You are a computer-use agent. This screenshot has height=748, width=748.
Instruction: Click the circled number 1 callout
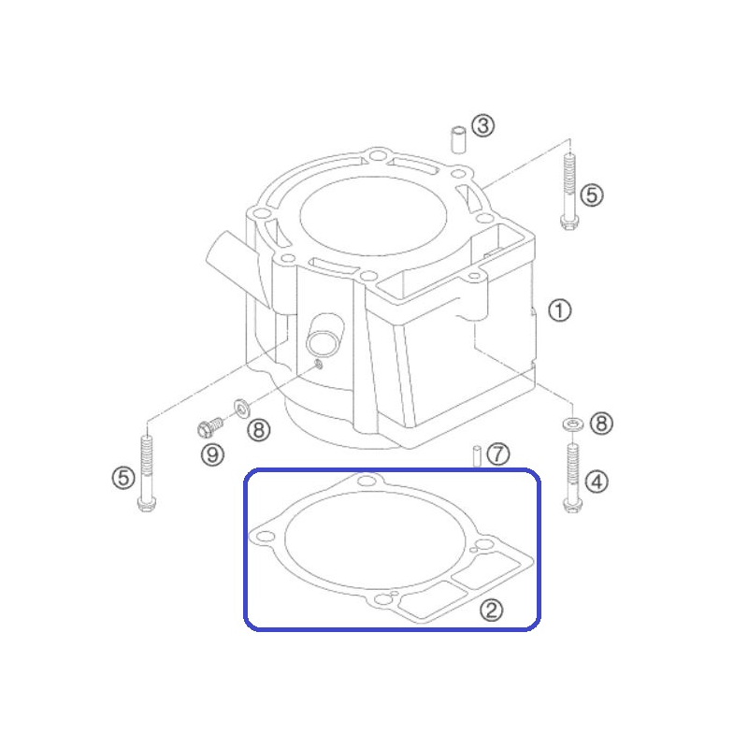pyautogui.click(x=559, y=310)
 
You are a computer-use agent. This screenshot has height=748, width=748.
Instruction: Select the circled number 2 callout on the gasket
pyautogui.click(x=491, y=611)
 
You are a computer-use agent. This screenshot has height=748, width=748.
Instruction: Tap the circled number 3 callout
pyautogui.click(x=482, y=126)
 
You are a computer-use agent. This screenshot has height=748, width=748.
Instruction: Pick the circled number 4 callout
pyautogui.click(x=597, y=482)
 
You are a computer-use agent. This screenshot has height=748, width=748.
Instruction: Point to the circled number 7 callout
pyautogui.click(x=498, y=454)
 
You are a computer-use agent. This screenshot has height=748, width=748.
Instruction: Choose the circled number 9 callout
pyautogui.click(x=213, y=454)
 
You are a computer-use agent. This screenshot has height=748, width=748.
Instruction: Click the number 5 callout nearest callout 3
pyautogui.click(x=592, y=195)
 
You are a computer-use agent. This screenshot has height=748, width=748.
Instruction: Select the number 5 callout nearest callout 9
pyautogui.click(x=123, y=478)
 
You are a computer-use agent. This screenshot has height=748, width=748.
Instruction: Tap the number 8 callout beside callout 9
pyautogui.click(x=259, y=430)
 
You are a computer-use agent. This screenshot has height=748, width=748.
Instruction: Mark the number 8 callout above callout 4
pyautogui.click(x=601, y=424)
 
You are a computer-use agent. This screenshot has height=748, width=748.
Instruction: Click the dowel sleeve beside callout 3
pyautogui.click(x=458, y=139)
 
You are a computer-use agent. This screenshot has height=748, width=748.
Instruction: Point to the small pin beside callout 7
pyautogui.click(x=476, y=455)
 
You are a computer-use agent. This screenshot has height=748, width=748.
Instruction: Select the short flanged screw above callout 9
pyautogui.click(x=209, y=427)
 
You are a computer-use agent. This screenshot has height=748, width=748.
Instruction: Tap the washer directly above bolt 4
pyautogui.click(x=572, y=424)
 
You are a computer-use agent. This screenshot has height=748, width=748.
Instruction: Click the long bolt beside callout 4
pyautogui.click(x=572, y=478)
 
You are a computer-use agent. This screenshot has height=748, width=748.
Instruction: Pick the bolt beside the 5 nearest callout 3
pyautogui.click(x=569, y=191)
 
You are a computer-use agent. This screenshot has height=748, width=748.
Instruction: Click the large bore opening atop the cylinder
pyautogui.click(x=373, y=216)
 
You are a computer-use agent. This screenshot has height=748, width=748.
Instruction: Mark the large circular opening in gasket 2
pyautogui.click(x=375, y=539)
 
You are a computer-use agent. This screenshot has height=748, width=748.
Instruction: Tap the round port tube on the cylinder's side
pyautogui.click(x=324, y=335)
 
